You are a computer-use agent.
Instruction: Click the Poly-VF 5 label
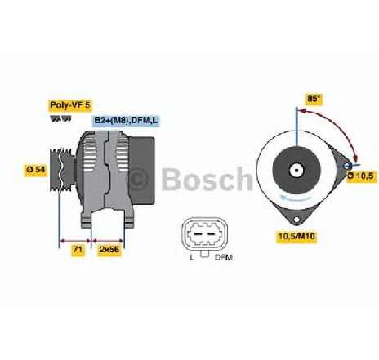[70, 105]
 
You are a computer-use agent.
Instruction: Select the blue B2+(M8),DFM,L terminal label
[126, 120]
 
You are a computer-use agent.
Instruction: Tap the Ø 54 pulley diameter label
[36, 170]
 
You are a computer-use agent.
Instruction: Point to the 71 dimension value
[78, 249]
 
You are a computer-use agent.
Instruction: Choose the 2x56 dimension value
[109, 249]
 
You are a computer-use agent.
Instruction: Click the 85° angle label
[314, 99]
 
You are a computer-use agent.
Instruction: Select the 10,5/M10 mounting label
[297, 236]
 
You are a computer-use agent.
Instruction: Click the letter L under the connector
[192, 257]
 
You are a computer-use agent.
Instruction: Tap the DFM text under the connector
[224, 257]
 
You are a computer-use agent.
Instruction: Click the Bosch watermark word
[207, 179]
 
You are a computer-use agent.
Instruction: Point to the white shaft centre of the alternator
[297, 171]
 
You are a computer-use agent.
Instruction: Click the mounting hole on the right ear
[346, 166]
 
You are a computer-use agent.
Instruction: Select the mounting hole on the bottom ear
[297, 219]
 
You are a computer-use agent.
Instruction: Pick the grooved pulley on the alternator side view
[61, 170]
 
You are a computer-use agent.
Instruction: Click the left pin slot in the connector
[198, 234]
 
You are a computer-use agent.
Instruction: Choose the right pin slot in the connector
[211, 234]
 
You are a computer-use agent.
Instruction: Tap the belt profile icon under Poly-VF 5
[60, 118]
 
